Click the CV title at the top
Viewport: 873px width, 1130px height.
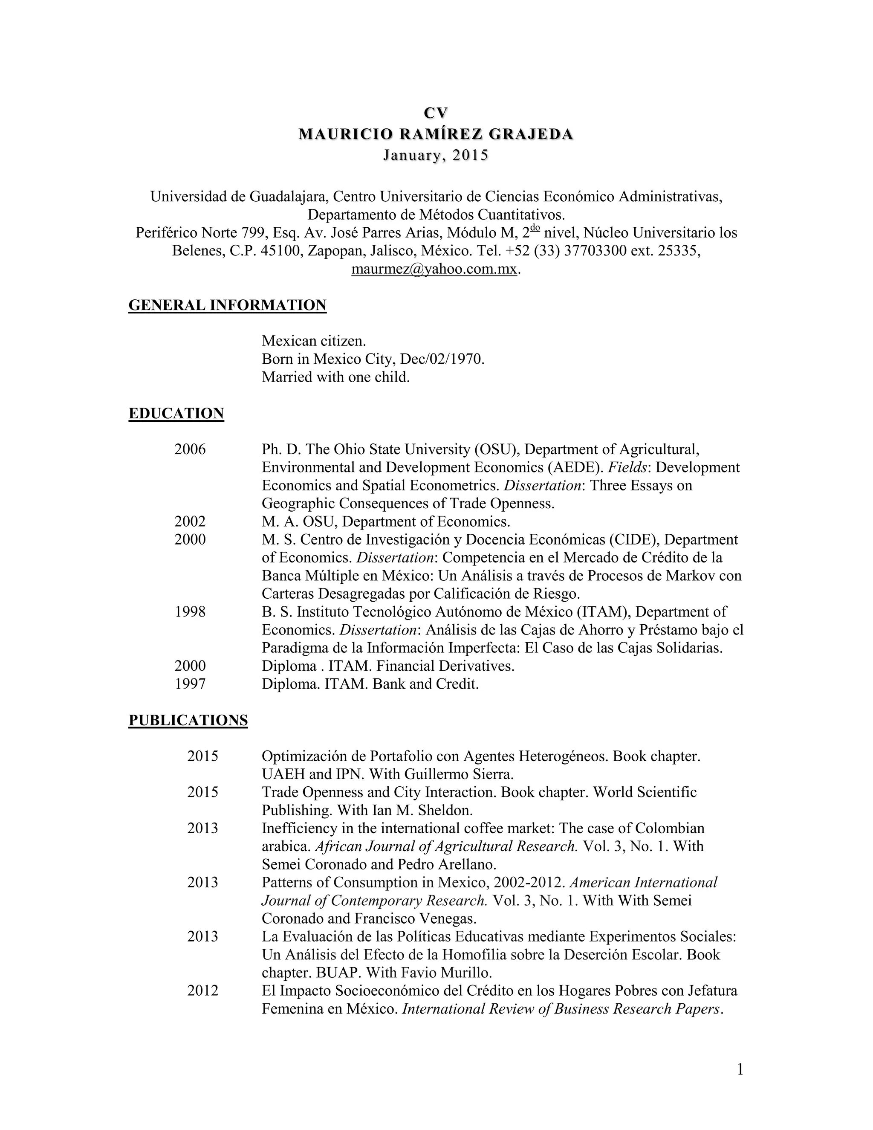click(436, 113)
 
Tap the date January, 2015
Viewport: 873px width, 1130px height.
click(436, 155)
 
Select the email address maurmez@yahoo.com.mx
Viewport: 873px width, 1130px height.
click(434, 269)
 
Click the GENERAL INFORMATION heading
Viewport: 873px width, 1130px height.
click(228, 305)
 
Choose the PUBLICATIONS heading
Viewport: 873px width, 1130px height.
click(188, 720)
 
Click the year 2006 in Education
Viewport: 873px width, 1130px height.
click(190, 449)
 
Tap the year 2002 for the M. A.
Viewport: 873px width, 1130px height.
click(190, 521)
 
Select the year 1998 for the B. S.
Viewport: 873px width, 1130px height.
click(190, 611)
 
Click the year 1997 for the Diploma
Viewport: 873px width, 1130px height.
click(190, 684)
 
